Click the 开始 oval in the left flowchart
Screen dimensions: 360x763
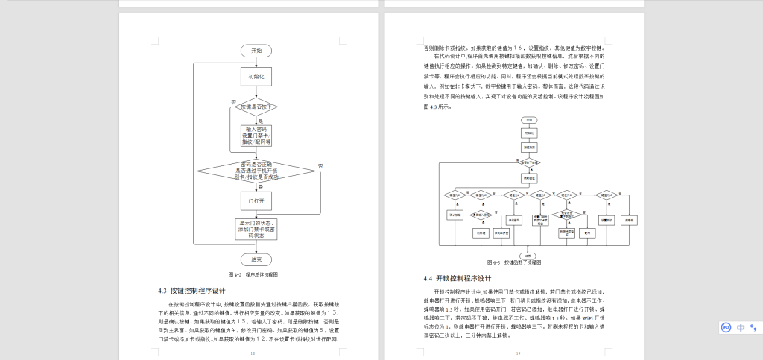[256, 51]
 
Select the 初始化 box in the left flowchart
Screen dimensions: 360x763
[256, 76]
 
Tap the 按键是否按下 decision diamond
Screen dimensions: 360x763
[256, 107]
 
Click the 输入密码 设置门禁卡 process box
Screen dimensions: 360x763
[256, 135]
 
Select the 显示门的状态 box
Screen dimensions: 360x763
[256, 229]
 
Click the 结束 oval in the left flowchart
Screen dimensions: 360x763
[256, 259]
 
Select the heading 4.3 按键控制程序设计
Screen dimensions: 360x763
[191, 290]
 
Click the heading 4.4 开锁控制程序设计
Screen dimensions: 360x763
[457, 278]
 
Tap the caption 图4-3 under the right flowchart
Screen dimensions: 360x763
[513, 262]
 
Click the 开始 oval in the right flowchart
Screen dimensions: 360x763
[528, 119]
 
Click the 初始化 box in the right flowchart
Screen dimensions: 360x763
[528, 133]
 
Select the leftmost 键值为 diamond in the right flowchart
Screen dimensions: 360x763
[454, 195]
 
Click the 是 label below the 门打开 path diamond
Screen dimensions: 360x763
[261, 186]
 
